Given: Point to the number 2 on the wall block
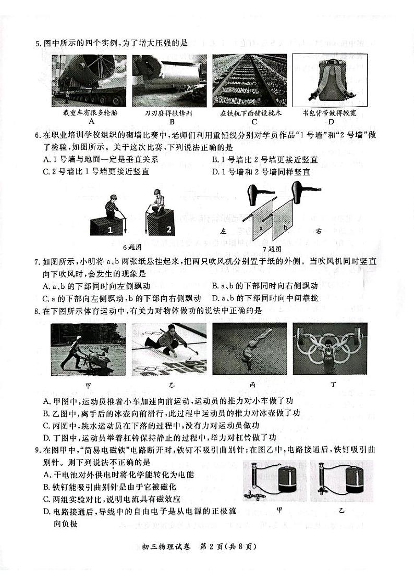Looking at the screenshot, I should tap(168, 228).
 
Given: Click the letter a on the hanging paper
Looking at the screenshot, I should tap(261, 227).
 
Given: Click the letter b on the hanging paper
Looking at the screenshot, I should tap(285, 227).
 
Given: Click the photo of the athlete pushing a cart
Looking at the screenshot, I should tap(88, 349).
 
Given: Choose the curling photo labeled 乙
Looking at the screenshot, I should tap(169, 349).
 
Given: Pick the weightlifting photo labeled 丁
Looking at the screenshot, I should tap(330, 349).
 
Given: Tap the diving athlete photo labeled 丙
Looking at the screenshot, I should tap(249, 349).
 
